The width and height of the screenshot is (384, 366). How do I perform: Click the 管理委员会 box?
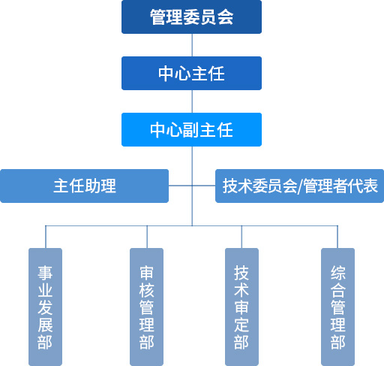point(191,17)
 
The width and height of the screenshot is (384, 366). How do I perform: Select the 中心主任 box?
point(191,73)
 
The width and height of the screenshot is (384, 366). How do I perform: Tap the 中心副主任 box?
point(191,129)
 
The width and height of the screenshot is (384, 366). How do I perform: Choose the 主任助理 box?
point(84,186)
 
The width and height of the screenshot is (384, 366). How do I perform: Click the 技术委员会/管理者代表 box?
point(299,186)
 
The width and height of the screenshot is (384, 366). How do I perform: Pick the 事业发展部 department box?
point(45,307)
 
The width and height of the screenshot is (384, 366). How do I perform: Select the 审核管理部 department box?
point(146,307)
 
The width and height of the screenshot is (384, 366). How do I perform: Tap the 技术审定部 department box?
point(241,307)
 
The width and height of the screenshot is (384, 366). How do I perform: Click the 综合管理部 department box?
point(337,307)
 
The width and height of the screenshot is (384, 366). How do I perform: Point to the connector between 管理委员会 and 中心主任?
point(192,45)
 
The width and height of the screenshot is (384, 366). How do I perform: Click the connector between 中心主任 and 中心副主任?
point(192,101)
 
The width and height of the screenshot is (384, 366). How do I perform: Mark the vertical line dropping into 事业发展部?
point(46,237)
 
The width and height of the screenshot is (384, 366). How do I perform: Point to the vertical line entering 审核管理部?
point(147,237)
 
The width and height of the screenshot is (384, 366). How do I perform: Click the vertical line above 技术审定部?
point(241,237)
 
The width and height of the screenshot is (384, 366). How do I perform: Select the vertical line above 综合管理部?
point(337,237)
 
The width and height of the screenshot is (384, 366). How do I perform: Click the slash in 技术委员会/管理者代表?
point(300,186)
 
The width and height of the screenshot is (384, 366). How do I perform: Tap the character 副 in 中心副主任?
point(191,130)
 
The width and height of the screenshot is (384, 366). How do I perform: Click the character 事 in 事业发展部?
point(45,273)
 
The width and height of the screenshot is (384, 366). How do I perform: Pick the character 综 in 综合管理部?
point(337,273)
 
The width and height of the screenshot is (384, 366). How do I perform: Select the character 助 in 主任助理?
point(92,186)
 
